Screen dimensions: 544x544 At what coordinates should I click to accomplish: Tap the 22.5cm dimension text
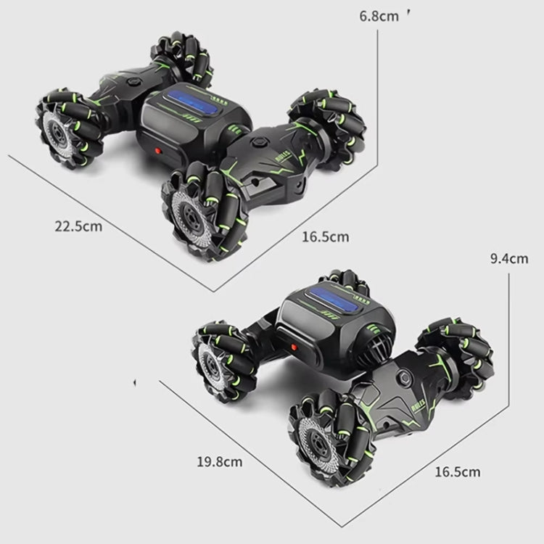point(78,226)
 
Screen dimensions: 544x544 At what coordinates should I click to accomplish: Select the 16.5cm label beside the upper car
point(326,236)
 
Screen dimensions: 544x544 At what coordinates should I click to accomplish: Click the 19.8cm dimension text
point(218,460)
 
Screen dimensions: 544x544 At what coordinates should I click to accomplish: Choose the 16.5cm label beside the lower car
point(457,472)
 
